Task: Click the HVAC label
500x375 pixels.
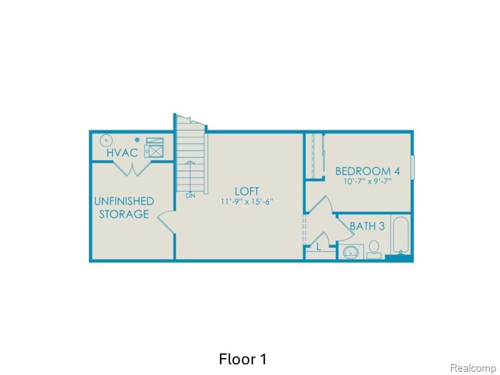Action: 122,153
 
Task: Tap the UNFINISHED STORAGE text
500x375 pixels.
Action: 124,207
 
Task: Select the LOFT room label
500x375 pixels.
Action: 247,191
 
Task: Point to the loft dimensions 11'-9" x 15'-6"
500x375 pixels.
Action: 247,202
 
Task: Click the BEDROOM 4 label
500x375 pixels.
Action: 363,171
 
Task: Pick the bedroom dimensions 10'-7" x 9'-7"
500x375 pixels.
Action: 363,182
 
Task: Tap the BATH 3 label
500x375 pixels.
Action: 367,226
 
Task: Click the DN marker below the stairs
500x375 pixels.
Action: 191,196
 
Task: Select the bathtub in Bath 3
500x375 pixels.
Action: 401,235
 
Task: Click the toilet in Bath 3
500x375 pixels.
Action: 373,249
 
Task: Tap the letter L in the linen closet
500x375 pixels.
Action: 319,247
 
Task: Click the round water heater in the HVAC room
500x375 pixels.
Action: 107,140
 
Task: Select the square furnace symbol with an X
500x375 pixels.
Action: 154,151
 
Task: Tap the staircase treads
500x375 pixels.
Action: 190,156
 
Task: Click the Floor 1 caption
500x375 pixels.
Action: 243,359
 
